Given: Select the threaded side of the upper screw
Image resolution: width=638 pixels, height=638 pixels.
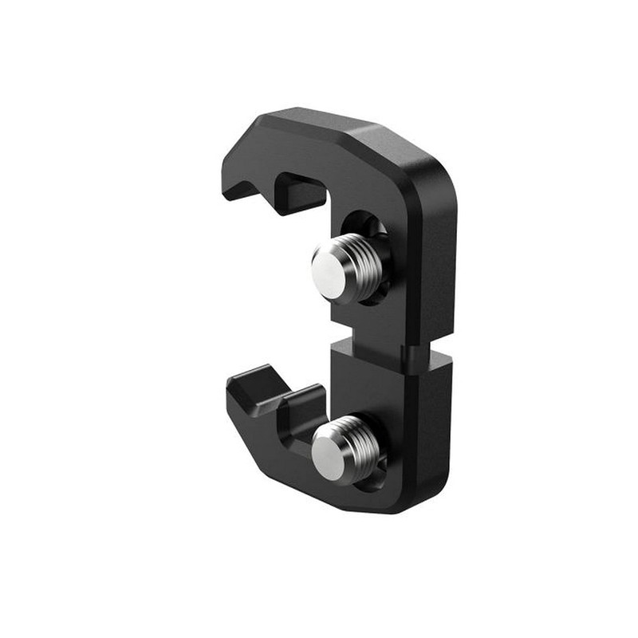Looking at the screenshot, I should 364,266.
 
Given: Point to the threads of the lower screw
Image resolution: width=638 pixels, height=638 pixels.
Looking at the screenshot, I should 363,447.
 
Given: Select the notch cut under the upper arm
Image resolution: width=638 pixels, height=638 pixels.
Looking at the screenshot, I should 299,190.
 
